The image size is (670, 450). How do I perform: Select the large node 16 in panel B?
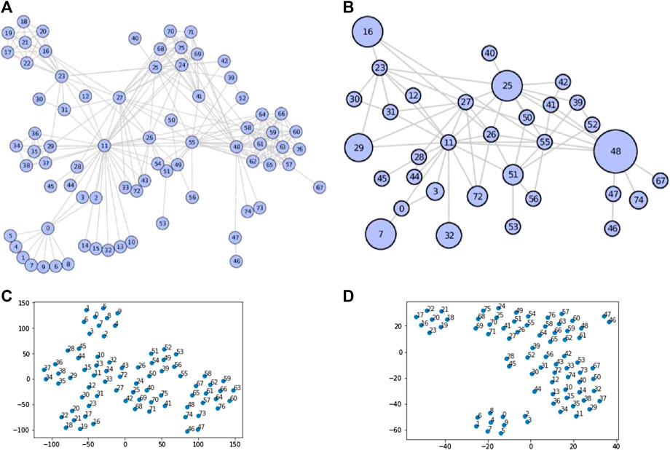pyautogui.click(x=368, y=32)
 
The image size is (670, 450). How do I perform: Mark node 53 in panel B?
pyautogui.click(x=513, y=226)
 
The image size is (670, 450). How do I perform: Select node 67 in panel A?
pyautogui.click(x=319, y=187)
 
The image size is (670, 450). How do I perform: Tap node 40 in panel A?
pyautogui.click(x=135, y=38)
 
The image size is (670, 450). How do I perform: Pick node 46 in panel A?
pyautogui.click(x=236, y=260)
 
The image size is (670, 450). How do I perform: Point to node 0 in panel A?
pyautogui.click(x=47, y=227)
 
